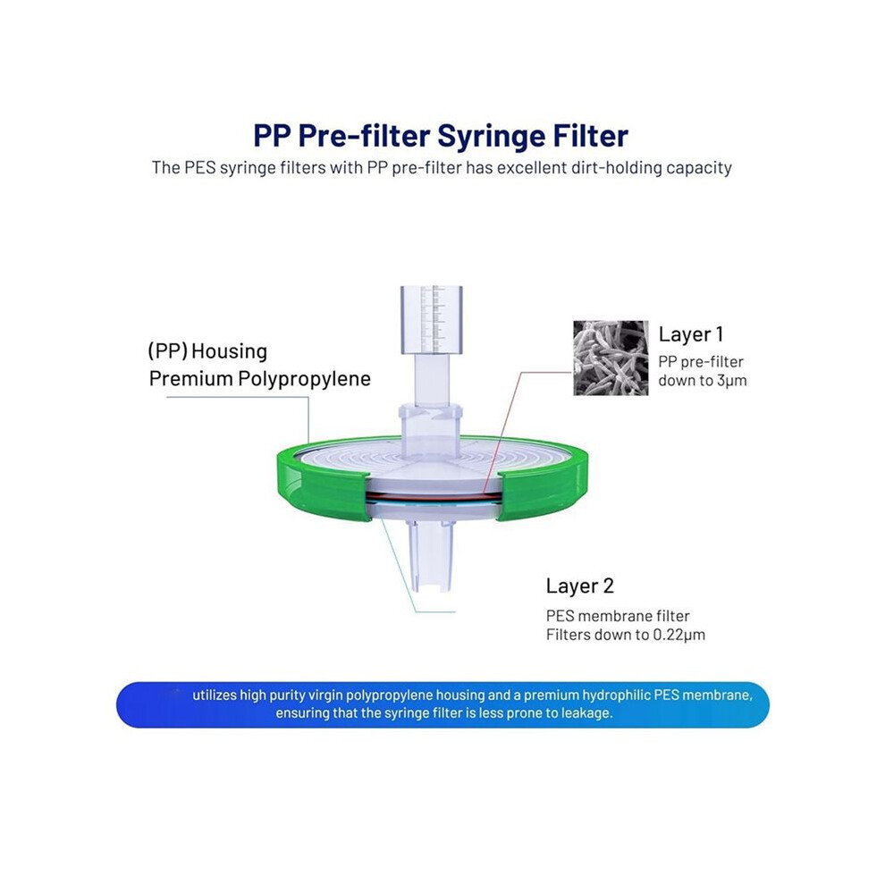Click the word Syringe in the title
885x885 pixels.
pyautogui.click(x=489, y=137)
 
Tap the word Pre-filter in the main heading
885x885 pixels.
pyautogui.click(x=365, y=136)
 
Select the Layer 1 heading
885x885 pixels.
pyautogui.click(x=690, y=334)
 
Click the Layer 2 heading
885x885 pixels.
pyautogui.click(x=579, y=586)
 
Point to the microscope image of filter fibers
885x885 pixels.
pyautogui.click(x=611, y=358)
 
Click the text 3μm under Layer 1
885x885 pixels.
pyautogui.click(x=731, y=381)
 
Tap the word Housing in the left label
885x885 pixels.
pyautogui.click(x=229, y=351)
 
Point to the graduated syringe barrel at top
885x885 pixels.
pyautogui.click(x=431, y=320)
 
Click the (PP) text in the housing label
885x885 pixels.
pyautogui.click(x=168, y=351)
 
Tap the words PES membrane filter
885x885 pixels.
pyautogui.click(x=618, y=616)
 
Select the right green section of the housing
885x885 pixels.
pyautogui.click(x=544, y=480)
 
